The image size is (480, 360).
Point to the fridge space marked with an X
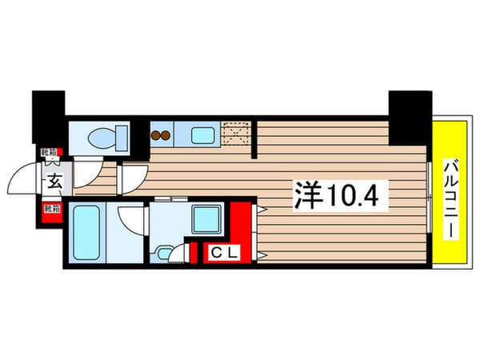click(x=237, y=133)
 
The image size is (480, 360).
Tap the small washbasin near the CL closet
click(x=165, y=254)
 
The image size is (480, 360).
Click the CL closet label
click(x=220, y=254)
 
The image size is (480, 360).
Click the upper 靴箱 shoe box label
click(x=50, y=151)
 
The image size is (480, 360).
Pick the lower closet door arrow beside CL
click(x=261, y=254)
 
